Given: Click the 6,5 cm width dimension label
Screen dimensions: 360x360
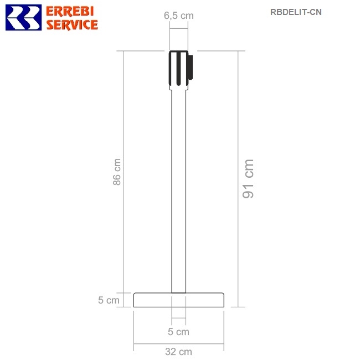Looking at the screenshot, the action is pos(179,16).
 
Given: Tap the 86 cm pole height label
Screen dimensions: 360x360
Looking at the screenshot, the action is pos(117,172).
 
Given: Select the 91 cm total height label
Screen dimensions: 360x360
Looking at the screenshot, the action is pos(248,179).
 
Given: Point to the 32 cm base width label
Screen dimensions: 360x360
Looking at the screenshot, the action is pos(178,352).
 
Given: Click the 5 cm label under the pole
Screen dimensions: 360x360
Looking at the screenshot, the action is pos(178,332).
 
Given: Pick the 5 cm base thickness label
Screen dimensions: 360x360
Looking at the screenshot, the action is pos(109,300).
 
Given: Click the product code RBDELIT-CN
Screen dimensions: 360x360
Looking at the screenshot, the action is pos(296,12).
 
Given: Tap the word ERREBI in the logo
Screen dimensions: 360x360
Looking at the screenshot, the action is pos(70,11).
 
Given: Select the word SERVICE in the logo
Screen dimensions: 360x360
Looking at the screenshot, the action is pos(72,24).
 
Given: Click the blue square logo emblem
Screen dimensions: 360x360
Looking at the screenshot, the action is pos(23,18).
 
